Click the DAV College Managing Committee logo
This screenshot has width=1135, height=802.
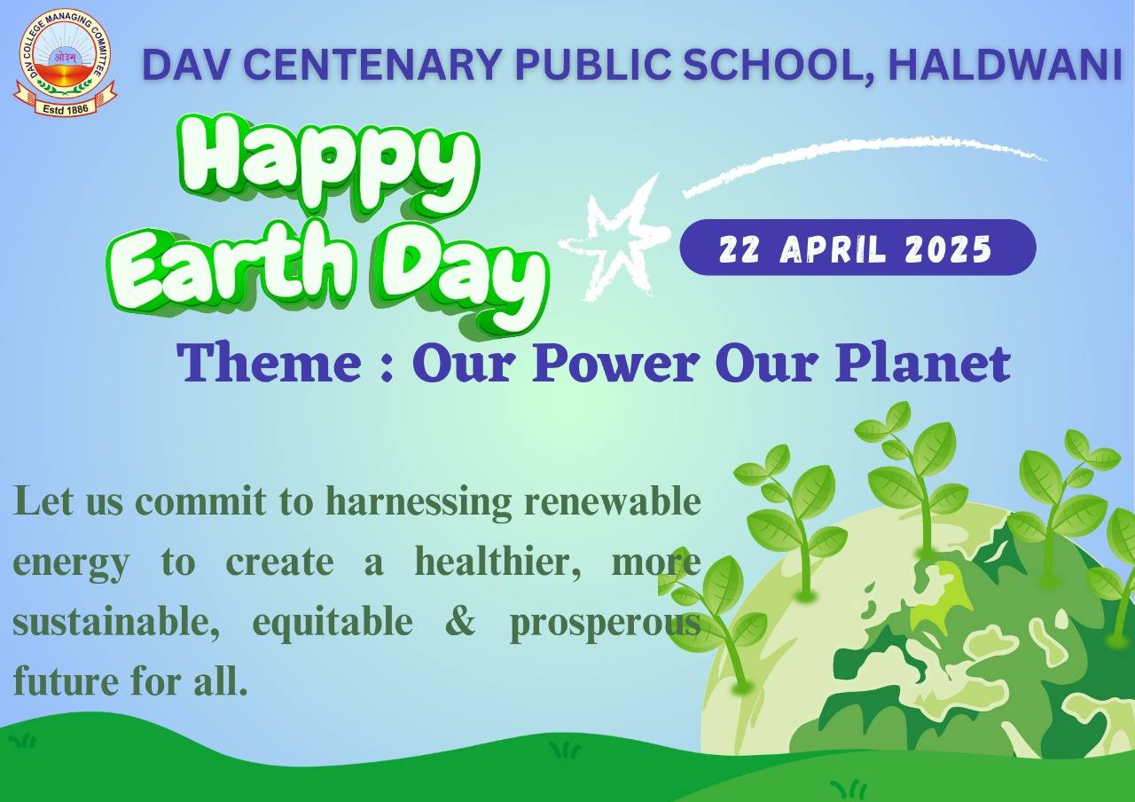click(66, 62)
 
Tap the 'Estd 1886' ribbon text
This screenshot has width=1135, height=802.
click(66, 108)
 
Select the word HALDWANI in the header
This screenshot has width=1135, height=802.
click(1005, 65)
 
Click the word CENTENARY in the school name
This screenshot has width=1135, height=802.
click(357, 65)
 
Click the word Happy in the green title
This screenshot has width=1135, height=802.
click(327, 165)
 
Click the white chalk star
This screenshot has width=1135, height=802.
click(612, 240)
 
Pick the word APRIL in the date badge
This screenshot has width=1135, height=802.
click(833, 249)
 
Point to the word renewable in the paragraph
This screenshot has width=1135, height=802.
click(612, 501)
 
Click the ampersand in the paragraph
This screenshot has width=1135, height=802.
click(460, 622)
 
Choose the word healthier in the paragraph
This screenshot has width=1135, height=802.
click(497, 562)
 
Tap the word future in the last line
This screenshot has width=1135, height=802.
click(66, 681)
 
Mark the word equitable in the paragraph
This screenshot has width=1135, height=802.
click(333, 623)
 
